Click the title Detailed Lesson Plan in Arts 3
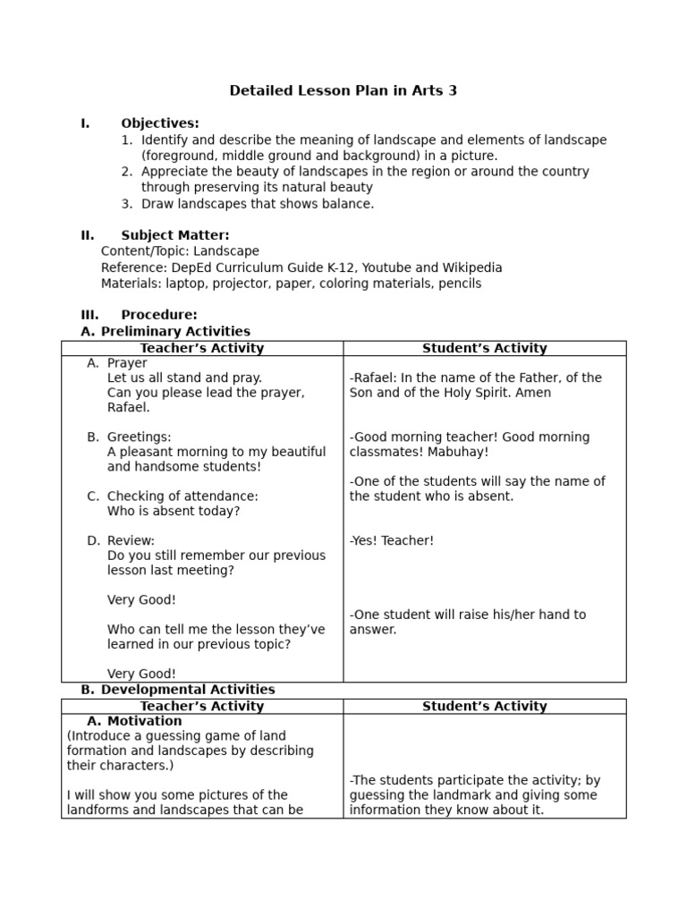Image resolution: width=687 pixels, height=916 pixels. click(x=343, y=90)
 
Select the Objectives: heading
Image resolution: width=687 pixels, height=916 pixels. click(x=160, y=123)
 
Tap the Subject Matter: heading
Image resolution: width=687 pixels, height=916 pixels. click(x=175, y=235)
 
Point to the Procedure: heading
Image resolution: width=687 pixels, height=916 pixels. click(x=159, y=315)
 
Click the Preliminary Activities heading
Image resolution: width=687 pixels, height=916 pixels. click(x=175, y=331)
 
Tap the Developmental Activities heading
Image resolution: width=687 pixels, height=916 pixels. click(x=188, y=690)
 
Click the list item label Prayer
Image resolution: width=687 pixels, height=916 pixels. click(x=127, y=363)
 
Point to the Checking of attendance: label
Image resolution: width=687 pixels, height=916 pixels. click(x=182, y=496)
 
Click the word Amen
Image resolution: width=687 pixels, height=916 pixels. click(x=533, y=393)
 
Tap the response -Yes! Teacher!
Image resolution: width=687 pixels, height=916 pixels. click(x=392, y=540)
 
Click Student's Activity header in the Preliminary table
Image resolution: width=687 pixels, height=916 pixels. click(x=484, y=348)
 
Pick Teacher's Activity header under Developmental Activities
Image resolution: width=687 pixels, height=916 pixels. click(x=202, y=706)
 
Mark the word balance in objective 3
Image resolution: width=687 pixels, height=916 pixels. click(x=347, y=204)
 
